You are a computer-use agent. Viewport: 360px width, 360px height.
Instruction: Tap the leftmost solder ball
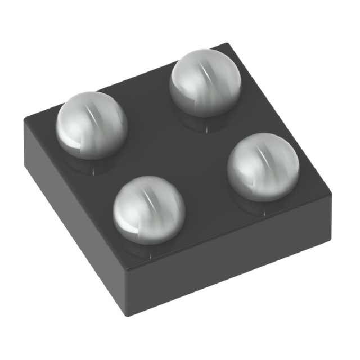click(92, 127)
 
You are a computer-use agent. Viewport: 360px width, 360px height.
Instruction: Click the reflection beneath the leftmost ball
click(93, 164)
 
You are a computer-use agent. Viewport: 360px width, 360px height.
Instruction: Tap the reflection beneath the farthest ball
click(202, 121)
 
